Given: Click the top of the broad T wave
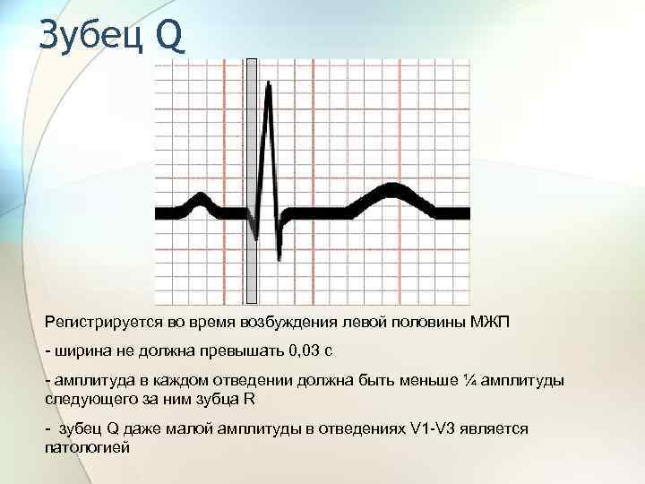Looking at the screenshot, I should pyautogui.click(x=391, y=187).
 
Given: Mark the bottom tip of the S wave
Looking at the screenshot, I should pyautogui.click(x=279, y=257).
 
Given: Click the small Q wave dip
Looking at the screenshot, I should pyautogui.click(x=256, y=238).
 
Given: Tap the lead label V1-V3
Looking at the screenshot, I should pyautogui.click(x=434, y=429).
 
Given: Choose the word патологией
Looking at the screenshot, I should pyautogui.click(x=87, y=446).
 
